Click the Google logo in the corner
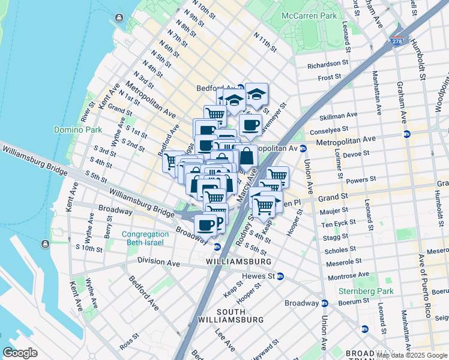[x=20, y=353]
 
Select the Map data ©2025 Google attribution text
[x=412, y=355]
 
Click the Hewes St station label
[x=258, y=276]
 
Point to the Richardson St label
[x=328, y=65]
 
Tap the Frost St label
[x=330, y=77]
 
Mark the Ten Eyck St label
[x=339, y=224]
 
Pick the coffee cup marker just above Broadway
[x=206, y=225]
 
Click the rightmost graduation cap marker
[x=257, y=94]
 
